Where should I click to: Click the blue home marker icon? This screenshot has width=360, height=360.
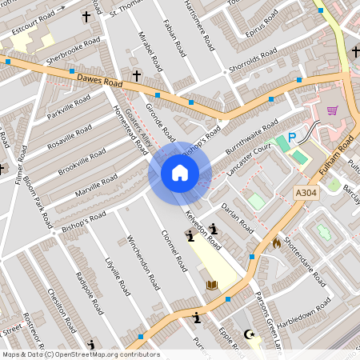(x=180, y=173)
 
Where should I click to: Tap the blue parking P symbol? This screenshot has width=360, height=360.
(x=292, y=138)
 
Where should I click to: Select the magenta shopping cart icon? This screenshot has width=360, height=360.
(x=332, y=110)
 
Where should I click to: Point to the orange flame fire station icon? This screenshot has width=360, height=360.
(x=277, y=242)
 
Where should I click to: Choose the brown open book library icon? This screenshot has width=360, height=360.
(x=212, y=285)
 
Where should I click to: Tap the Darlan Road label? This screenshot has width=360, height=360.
(x=238, y=218)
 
